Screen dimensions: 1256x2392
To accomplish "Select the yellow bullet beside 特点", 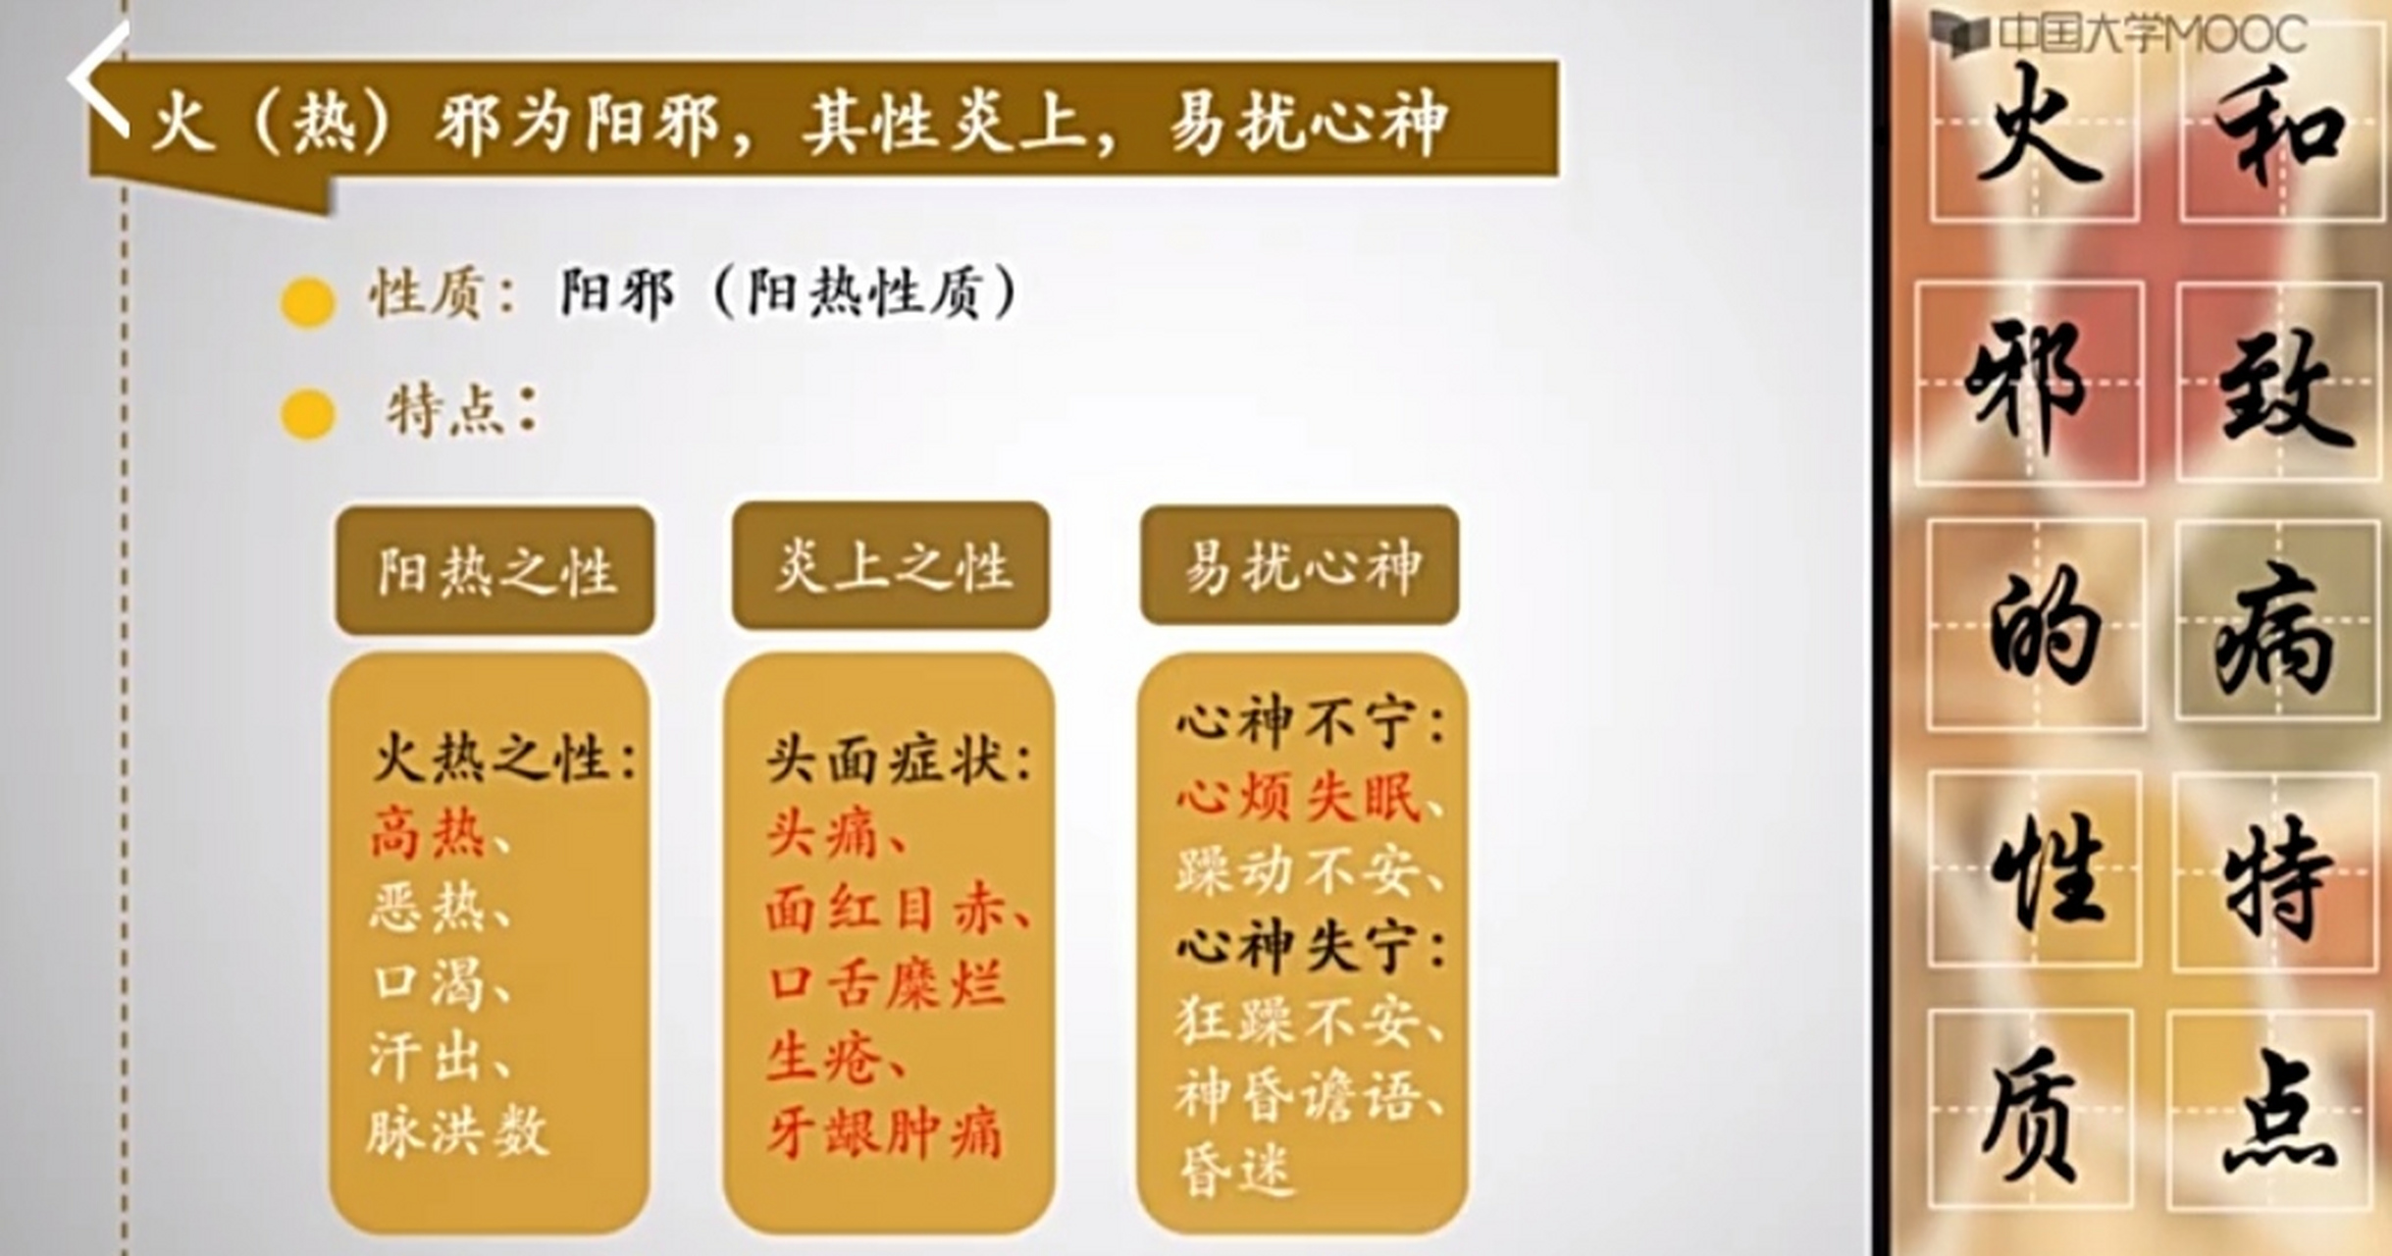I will point(308,414).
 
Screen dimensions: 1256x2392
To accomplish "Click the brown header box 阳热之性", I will point(495,570).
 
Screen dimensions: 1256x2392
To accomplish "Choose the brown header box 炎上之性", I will point(891,566).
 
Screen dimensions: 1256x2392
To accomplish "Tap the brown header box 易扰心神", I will point(1300,566).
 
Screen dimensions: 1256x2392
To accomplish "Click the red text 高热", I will point(428,835).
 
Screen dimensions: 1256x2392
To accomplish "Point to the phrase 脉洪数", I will point(457,1133).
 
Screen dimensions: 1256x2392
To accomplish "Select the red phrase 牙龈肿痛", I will point(883,1133).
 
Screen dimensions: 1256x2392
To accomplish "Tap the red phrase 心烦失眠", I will point(1299,798).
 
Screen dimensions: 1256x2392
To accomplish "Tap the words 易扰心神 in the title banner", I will point(1308,123).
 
